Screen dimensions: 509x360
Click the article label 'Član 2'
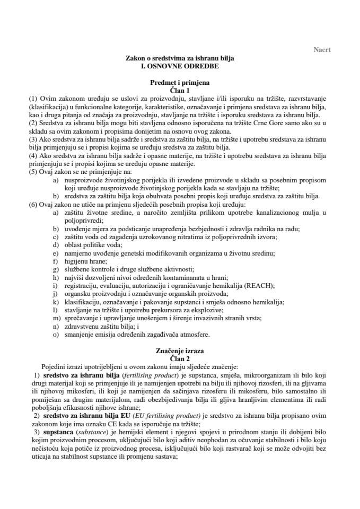180,358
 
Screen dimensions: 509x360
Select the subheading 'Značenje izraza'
180,351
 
